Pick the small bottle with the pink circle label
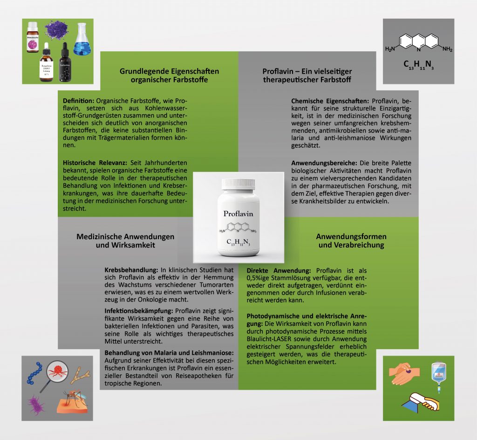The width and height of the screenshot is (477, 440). click(x=33, y=39)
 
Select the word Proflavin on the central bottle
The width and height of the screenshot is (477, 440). click(x=238, y=213)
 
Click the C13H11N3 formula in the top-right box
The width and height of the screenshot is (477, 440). click(x=418, y=65)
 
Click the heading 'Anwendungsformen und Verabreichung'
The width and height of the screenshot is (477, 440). click(x=351, y=241)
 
